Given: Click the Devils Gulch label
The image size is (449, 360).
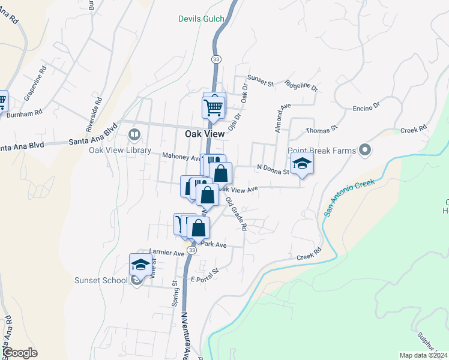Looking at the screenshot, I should coord(201,19).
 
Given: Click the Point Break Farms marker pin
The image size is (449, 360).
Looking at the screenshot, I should coord(364,150).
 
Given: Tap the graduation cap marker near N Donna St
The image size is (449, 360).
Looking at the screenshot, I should coord(302,163).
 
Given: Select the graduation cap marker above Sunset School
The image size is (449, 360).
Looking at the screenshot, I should coord(141,265).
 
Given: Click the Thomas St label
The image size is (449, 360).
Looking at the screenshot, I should coord(322,128).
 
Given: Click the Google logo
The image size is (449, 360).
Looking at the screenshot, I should coord(19,353).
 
